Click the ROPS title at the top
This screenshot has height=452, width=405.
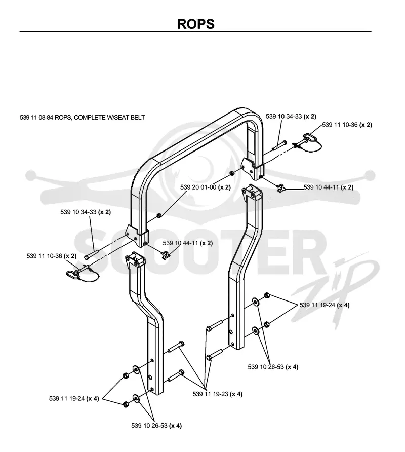[195, 24]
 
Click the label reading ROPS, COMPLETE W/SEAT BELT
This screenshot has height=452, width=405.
[100, 118]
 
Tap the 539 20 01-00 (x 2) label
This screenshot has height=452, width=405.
[206, 187]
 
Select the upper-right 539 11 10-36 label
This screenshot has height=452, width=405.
[347, 125]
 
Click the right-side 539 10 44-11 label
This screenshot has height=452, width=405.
[329, 187]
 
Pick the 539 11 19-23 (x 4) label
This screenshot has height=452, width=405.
[218, 394]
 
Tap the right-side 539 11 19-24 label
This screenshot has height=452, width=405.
[325, 305]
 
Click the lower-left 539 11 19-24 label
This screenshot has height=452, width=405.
[74, 398]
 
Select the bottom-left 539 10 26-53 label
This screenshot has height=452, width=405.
[156, 426]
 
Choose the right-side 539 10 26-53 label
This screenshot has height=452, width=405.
[273, 367]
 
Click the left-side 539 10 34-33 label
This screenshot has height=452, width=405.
[86, 212]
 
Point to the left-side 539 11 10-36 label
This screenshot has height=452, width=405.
[52, 256]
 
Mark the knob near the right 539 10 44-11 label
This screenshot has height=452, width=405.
[280, 189]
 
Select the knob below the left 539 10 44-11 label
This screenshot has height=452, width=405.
[166, 255]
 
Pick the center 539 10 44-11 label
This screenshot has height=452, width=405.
[188, 243]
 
